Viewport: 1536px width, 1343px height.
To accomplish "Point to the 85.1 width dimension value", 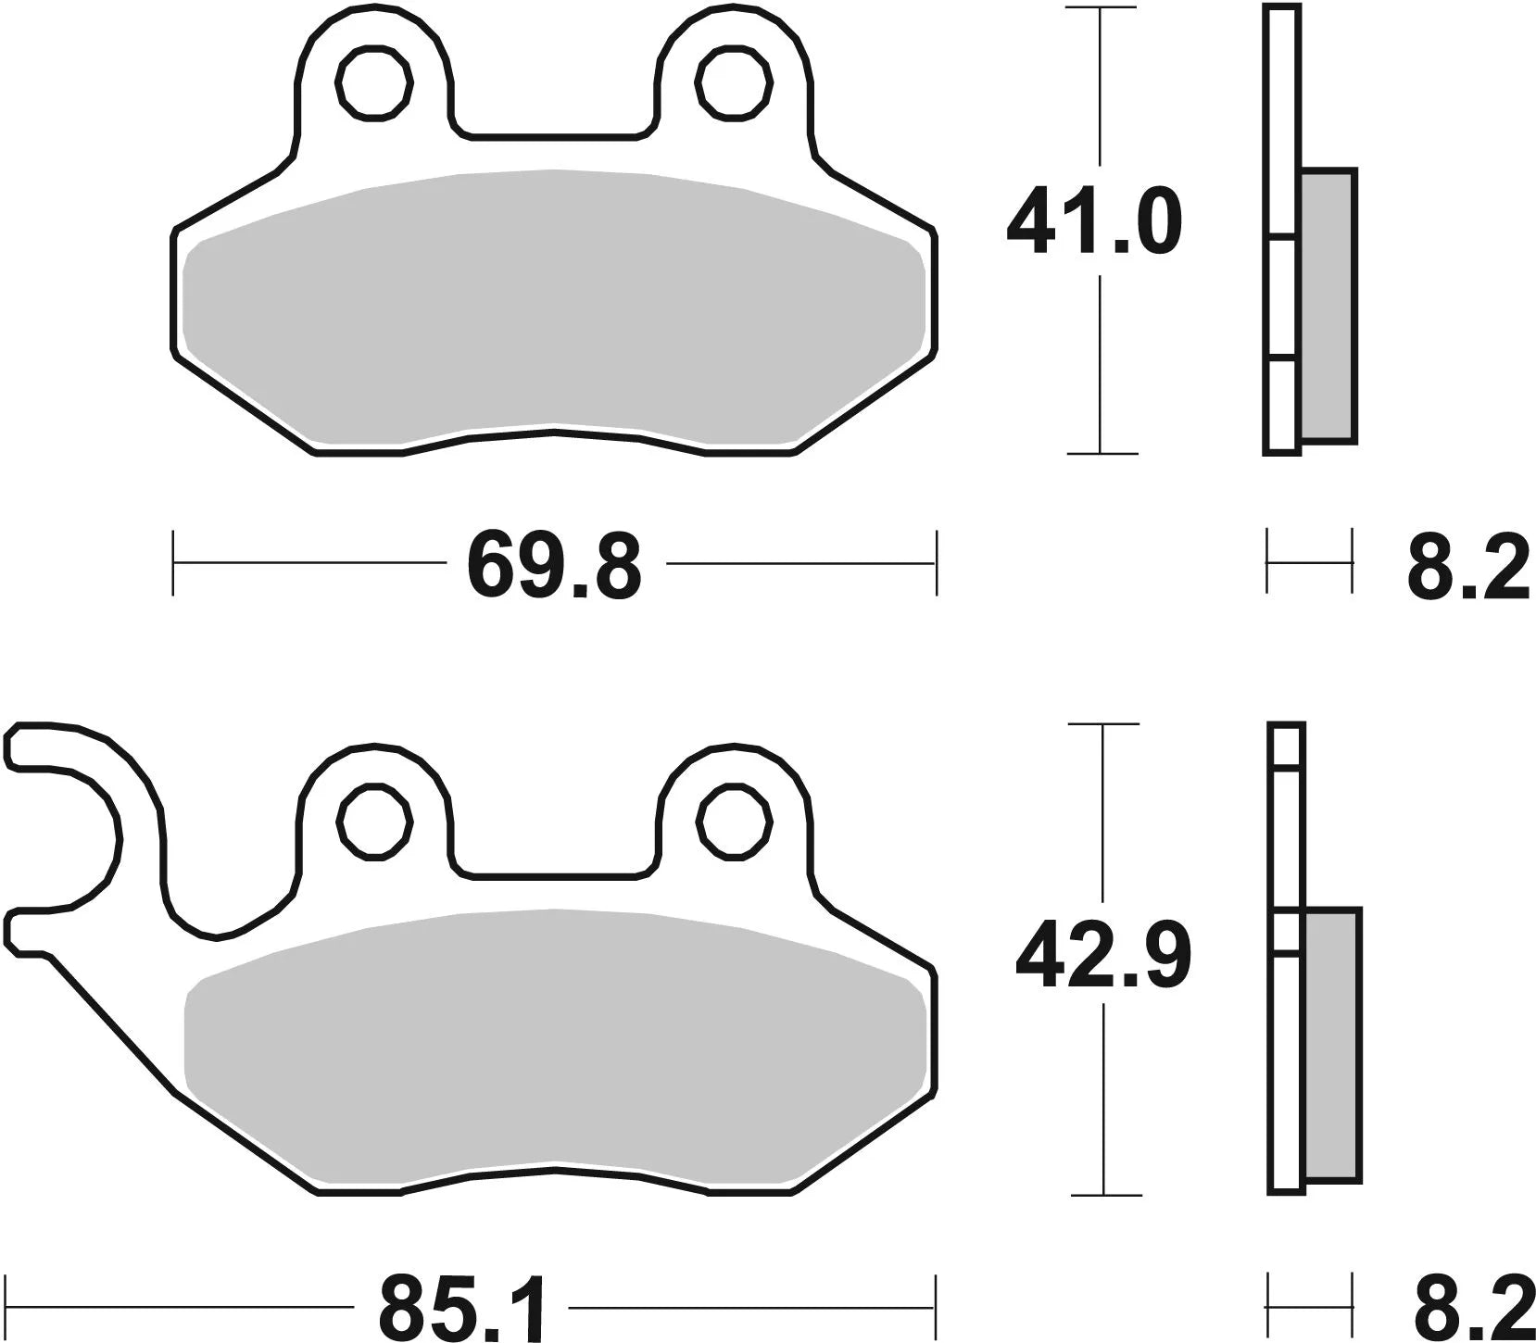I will coord(461,1308).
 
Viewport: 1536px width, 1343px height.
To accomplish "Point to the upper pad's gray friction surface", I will coord(554,306).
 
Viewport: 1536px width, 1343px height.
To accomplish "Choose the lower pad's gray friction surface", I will coord(554,1047).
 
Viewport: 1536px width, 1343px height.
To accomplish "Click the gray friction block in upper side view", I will coord(1328,306).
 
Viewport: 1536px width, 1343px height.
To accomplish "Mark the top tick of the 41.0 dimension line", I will coord(1100,8).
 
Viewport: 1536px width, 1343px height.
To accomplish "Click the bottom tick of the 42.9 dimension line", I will coord(1102,1195).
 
